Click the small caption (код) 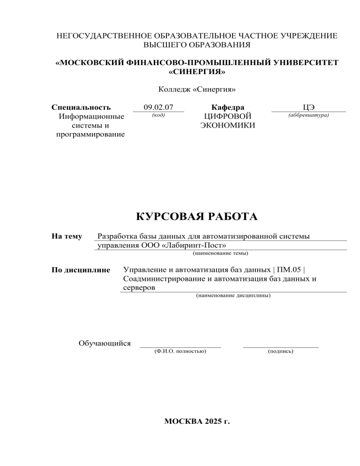pos(158,115)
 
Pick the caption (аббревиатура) pos(308,115)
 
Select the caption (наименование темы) pos(220,253)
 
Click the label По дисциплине pos(81,270)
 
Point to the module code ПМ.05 pos(290,271)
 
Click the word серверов pos(138,288)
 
